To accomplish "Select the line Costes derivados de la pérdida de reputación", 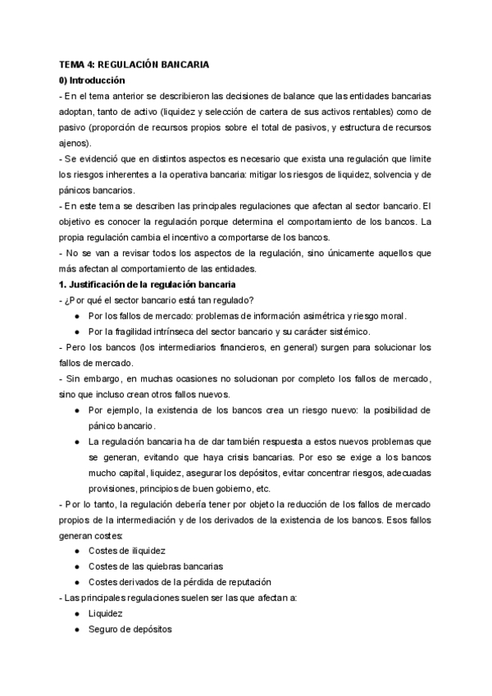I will pos(169,582).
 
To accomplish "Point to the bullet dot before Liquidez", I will pos(76,613).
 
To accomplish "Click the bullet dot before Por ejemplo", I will pos(76,410).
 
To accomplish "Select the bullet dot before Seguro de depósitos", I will pos(76,629).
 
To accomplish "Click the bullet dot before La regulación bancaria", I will pos(76,441).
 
